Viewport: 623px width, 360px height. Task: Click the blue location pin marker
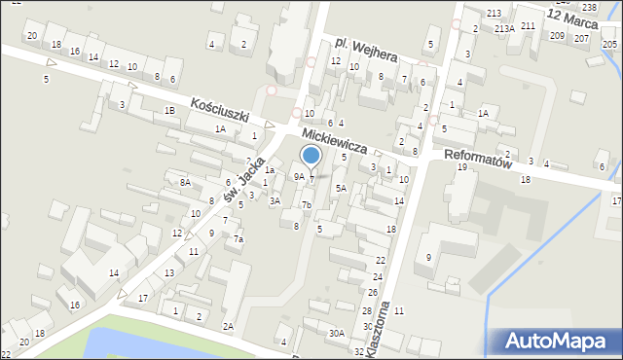(x=311, y=156)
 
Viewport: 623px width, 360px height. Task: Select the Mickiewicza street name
(x=334, y=140)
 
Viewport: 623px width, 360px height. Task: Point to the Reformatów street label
(x=477, y=159)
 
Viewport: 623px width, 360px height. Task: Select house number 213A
(x=504, y=29)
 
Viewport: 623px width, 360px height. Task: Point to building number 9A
(x=299, y=177)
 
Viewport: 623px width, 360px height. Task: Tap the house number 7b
(x=306, y=204)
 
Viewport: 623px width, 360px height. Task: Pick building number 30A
(x=336, y=333)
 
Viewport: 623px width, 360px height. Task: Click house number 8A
(x=184, y=182)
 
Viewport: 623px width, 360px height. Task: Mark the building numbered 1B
(x=169, y=110)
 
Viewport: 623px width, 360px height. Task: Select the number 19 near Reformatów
(x=462, y=167)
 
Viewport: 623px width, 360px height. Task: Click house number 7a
(x=238, y=239)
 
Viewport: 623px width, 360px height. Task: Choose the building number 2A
(x=228, y=326)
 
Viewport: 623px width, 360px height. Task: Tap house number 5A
(x=341, y=188)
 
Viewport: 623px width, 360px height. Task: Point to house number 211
(x=528, y=25)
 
